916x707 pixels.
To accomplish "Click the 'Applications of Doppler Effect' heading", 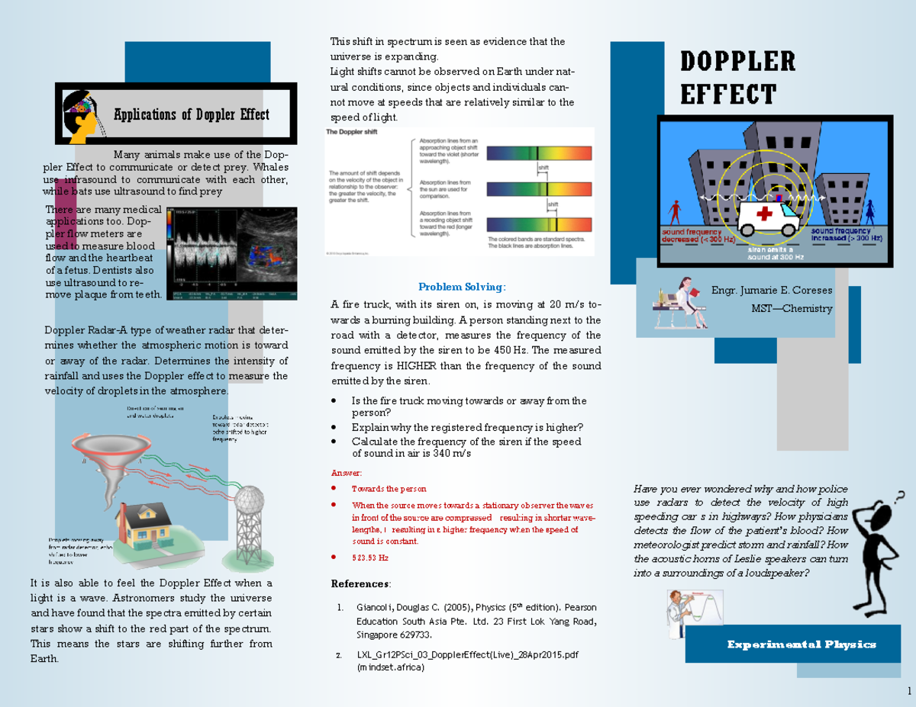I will point(191,115).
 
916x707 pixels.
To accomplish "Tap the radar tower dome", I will point(250,504).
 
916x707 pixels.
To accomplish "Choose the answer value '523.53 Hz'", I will point(369,558).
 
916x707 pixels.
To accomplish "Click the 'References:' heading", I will point(361,583).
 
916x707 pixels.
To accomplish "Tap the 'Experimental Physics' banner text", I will point(801,644).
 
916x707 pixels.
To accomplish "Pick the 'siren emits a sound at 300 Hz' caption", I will point(770,253).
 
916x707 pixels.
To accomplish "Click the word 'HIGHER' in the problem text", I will point(416,365).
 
